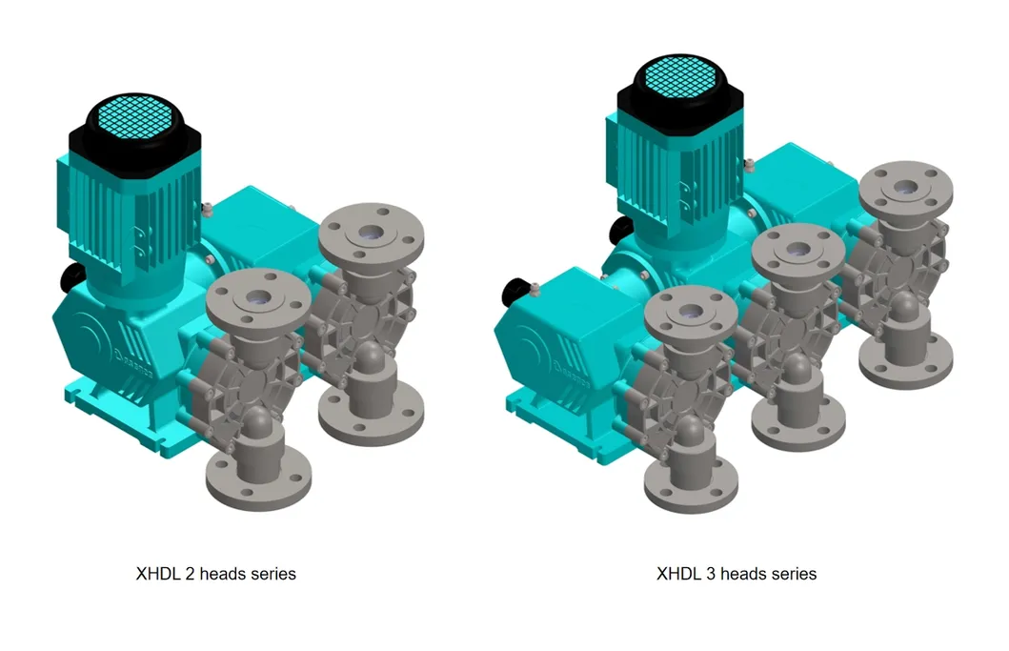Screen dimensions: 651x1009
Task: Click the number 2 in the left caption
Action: (x=184, y=574)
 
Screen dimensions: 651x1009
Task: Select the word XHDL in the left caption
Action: (x=155, y=574)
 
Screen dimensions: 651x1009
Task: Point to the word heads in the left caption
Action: (x=216, y=574)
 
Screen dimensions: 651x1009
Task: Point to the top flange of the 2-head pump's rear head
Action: (x=367, y=233)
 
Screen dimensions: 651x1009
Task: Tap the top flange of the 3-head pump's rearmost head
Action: (x=905, y=191)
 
